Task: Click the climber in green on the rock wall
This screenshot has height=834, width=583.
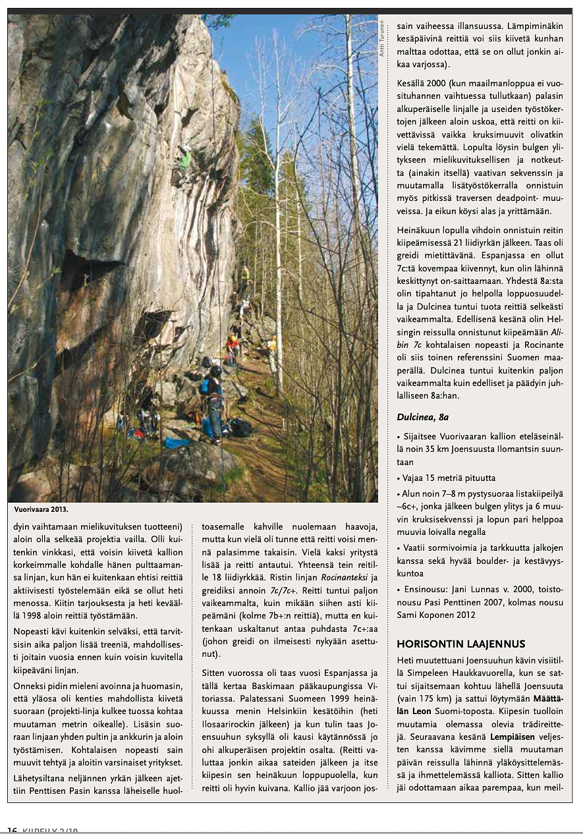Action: (185, 160)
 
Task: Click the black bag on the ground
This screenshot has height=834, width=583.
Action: (240, 428)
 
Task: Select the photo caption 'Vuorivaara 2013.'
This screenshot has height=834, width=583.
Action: (41, 509)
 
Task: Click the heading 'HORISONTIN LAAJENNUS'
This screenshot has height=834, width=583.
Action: (460, 644)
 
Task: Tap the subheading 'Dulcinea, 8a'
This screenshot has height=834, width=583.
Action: (423, 417)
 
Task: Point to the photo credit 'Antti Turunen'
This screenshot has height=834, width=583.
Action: (381, 40)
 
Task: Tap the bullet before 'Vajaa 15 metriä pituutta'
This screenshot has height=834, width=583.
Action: (399, 478)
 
